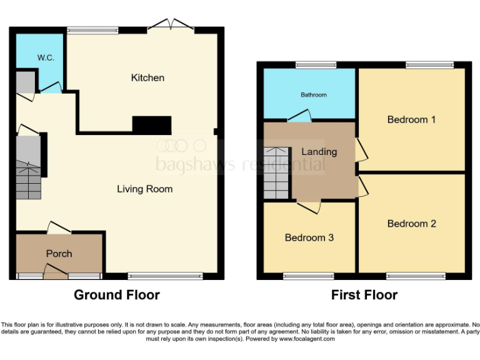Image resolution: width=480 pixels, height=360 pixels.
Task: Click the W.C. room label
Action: click(46, 57)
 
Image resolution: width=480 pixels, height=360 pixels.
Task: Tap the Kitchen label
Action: click(147, 77)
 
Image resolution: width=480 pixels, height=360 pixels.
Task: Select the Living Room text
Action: click(144, 189)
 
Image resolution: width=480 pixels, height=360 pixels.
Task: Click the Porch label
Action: click(59, 253)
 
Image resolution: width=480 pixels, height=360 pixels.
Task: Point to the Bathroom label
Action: click(314, 95)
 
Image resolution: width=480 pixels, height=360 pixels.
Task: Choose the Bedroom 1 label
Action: click(411, 119)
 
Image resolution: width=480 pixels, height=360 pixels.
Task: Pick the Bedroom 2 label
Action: click(411, 224)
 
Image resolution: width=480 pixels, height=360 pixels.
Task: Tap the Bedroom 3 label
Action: click(309, 237)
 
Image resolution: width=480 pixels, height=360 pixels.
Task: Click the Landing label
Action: click(319, 151)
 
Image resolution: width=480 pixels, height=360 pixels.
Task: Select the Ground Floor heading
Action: click(117, 295)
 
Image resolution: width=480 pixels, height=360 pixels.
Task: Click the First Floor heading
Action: click(364, 295)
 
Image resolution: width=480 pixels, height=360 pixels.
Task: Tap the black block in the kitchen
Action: click(152, 125)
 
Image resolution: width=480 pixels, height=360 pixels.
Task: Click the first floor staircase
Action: click(277, 172)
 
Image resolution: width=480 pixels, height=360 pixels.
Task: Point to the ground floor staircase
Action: click(29, 167)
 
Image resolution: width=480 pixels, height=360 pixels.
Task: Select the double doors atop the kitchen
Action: click(171, 26)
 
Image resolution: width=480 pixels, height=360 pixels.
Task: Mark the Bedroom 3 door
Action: click(309, 206)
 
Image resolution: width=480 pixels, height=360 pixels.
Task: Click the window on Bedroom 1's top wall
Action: click(429, 64)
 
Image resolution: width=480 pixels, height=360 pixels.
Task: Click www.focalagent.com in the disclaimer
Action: click(307, 339)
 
